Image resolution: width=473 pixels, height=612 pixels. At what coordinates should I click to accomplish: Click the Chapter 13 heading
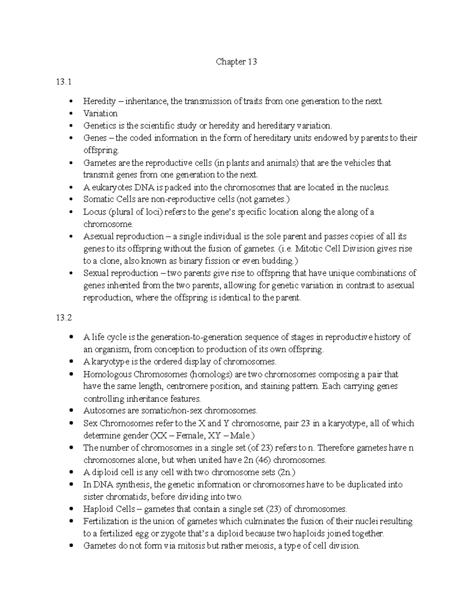(236, 62)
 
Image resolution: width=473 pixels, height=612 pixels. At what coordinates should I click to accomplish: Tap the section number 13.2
(64, 318)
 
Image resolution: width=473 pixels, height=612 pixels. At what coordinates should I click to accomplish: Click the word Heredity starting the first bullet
(99, 101)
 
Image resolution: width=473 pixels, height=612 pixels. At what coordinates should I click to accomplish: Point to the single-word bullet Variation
(100, 113)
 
